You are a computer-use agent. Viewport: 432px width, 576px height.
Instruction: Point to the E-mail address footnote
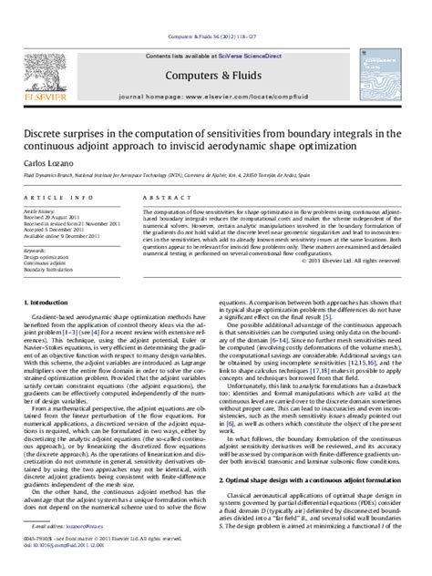click(60, 551)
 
